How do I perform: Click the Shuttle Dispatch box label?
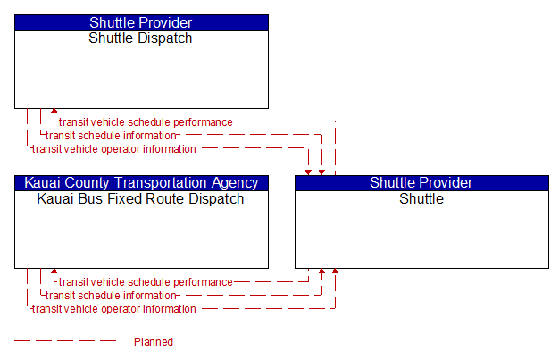[x=140, y=38]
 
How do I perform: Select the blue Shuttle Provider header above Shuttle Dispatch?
[x=141, y=23]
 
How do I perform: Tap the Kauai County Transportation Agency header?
[x=141, y=183]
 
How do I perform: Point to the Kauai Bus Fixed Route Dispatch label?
[x=140, y=198]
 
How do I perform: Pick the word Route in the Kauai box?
[x=163, y=198]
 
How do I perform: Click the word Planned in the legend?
[x=154, y=342]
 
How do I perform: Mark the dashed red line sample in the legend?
[x=65, y=341]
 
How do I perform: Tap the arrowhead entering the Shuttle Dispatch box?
[x=54, y=112]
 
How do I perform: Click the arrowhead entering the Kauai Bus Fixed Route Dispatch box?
[x=54, y=272]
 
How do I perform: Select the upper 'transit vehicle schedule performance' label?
[x=146, y=122]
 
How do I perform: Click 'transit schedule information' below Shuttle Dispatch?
[x=111, y=136]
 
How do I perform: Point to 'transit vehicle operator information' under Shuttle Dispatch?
[x=114, y=149]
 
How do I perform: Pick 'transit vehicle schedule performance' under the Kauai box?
[x=146, y=282]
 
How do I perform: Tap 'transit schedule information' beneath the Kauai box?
[x=111, y=296]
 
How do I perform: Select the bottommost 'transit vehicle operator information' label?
[x=114, y=309]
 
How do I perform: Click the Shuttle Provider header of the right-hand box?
[x=421, y=183]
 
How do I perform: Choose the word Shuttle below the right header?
[x=421, y=198]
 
